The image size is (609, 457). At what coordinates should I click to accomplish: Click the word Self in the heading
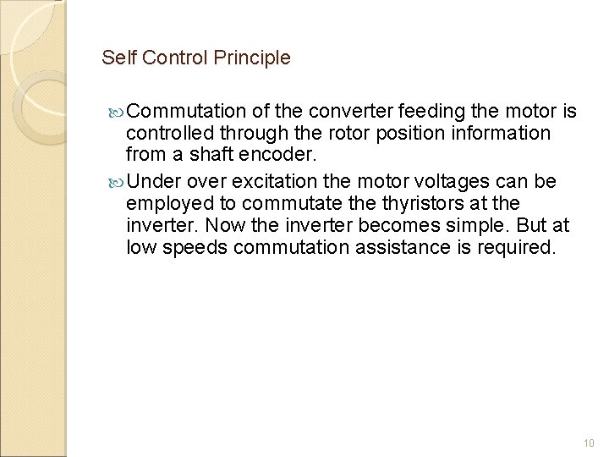pos(116,58)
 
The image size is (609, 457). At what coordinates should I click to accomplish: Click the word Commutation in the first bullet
pos(188,111)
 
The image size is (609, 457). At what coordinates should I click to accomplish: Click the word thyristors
pos(441,202)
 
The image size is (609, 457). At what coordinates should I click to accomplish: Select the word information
pos(489,134)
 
